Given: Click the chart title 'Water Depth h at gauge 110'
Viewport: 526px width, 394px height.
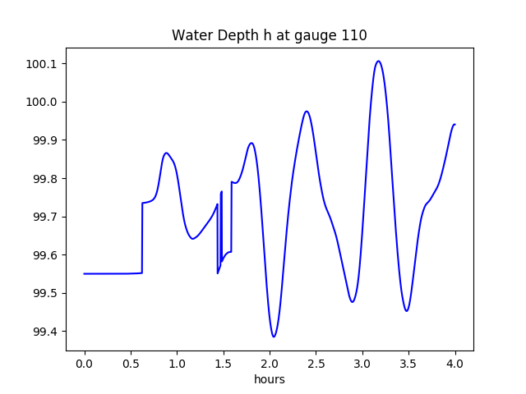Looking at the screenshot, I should pyautogui.click(x=269, y=36).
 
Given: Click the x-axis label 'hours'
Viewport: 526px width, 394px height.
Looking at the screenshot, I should pyautogui.click(x=269, y=379).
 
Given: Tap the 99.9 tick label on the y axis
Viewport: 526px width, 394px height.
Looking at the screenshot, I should pyautogui.click(x=46, y=140).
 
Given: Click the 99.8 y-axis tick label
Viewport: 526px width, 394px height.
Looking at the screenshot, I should pyautogui.click(x=46, y=179).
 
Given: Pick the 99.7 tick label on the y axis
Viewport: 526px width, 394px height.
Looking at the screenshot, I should pyautogui.click(x=46, y=217).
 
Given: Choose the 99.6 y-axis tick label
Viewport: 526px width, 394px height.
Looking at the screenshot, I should pyautogui.click(x=46, y=255).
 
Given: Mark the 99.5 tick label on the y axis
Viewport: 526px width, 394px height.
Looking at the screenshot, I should pyautogui.click(x=46, y=293).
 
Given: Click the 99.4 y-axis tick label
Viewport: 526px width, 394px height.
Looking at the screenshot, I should pyautogui.click(x=46, y=332).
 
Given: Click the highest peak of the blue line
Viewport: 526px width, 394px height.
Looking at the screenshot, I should pyautogui.click(x=378, y=61).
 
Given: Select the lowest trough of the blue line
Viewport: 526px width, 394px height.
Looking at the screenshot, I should pyautogui.click(x=274, y=337).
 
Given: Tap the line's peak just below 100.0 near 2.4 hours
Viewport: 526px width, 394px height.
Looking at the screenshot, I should pyautogui.click(x=307, y=111).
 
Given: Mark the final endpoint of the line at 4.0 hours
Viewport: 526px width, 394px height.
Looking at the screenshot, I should pyautogui.click(x=454, y=125).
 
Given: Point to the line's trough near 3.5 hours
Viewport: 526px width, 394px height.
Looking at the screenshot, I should pyautogui.click(x=406, y=310).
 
